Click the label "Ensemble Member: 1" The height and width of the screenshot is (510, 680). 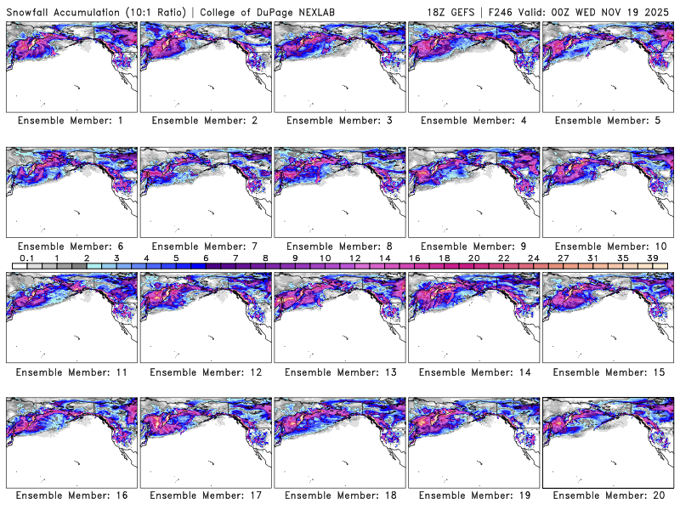coord(71,121)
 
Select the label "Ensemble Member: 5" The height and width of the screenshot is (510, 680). coord(607,121)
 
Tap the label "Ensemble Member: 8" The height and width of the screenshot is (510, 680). coord(339,246)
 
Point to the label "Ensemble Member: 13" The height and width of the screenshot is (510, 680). coord(339,371)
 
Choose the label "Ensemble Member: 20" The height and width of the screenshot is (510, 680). coord(607,496)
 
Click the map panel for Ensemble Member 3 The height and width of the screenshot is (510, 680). coord(339,64)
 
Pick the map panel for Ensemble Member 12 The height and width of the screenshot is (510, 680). coord(205,314)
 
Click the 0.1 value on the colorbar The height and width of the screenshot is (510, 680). coord(26,258)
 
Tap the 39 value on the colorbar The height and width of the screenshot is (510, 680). coord(652,258)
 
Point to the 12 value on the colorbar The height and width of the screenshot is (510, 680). coord(354,258)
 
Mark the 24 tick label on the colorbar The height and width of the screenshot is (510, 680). coord(533,258)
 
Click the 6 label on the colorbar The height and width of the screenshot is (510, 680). coord(206,258)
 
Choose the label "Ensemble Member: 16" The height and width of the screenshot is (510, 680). coord(71,496)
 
